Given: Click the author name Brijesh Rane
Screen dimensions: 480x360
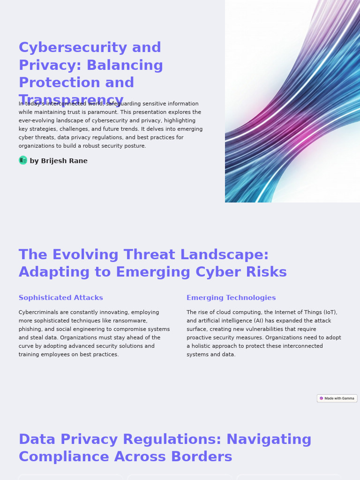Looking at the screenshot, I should click(64, 161).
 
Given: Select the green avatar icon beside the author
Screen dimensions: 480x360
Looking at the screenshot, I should click(23, 160).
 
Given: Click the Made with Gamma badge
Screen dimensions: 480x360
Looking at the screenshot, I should click(337, 398).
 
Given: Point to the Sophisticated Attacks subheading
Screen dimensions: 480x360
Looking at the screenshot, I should click(61, 298).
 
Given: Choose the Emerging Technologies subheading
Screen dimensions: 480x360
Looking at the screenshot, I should click(231, 298).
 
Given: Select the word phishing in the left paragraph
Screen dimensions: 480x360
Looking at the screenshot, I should click(30, 329).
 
